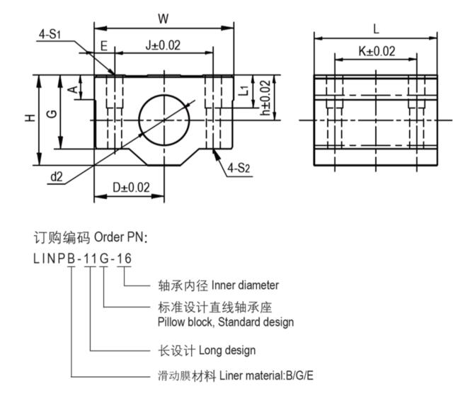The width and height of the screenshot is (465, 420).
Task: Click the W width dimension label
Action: (164, 18)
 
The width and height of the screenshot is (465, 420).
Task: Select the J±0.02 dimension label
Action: (163, 45)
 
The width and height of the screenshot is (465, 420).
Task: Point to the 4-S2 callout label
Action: (240, 169)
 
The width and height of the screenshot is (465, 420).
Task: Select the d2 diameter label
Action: (57, 177)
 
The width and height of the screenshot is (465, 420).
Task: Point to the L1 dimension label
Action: (243, 89)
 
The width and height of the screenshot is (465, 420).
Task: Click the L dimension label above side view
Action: (376, 29)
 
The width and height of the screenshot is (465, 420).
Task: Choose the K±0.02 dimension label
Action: (376, 51)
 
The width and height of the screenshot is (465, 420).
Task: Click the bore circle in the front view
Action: (164, 119)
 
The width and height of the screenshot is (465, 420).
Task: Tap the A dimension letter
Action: (72, 89)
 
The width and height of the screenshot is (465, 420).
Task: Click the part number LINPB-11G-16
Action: (82, 259)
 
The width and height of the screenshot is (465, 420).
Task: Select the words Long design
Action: (227, 350)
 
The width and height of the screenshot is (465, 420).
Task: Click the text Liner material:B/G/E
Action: (266, 375)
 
